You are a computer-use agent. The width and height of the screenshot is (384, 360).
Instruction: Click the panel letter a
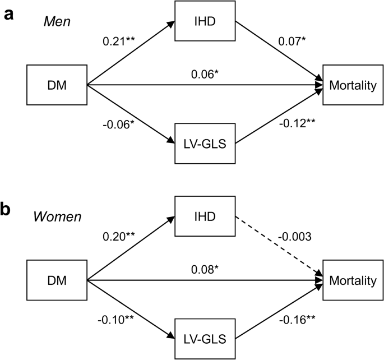(x=8, y=14)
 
